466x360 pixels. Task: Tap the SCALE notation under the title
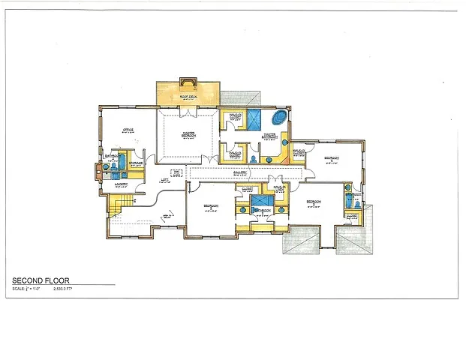tap(23, 289)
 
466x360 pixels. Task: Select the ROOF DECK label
tap(187, 97)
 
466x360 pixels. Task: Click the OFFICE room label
tap(128, 130)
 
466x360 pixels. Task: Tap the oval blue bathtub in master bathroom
tap(279, 118)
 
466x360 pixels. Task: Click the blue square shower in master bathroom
tap(254, 118)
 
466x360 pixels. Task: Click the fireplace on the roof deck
tap(187, 82)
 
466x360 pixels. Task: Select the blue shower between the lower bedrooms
tap(260, 201)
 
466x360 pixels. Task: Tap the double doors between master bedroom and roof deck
tap(187, 110)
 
